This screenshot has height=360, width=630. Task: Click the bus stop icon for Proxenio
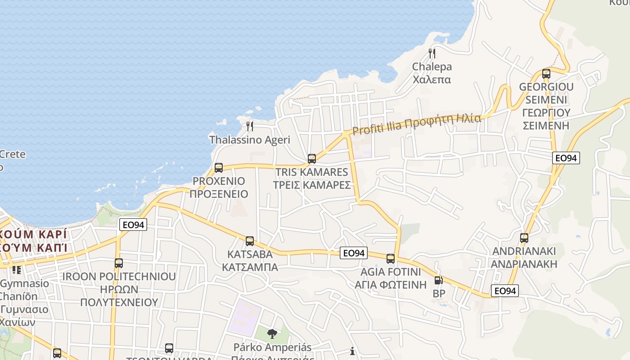pyautogui.click(x=219, y=168)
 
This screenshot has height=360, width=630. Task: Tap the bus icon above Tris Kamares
pyautogui.click(x=312, y=158)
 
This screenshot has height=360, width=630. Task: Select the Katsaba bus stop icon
pyautogui.click(x=250, y=241)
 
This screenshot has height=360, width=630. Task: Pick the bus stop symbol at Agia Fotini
pyautogui.click(x=391, y=259)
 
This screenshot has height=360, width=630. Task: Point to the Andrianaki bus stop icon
pyautogui.click(x=524, y=238)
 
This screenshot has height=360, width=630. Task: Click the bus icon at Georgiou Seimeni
pyautogui.click(x=546, y=74)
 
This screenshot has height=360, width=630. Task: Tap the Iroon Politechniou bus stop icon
pyautogui.click(x=119, y=263)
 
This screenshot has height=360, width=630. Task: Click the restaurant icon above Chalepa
pyautogui.click(x=432, y=54)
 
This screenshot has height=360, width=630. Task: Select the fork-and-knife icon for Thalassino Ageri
pyautogui.click(x=250, y=126)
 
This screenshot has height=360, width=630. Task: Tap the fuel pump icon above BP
pyautogui.click(x=438, y=280)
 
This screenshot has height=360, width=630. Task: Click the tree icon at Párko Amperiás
pyautogui.click(x=272, y=334)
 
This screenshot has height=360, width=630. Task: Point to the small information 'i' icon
pyautogui.click(x=352, y=351)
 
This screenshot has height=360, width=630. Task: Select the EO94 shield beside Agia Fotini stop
pyautogui.click(x=354, y=253)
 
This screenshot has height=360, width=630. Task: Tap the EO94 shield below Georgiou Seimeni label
pyautogui.click(x=566, y=158)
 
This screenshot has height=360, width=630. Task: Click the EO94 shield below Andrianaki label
pyautogui.click(x=504, y=291)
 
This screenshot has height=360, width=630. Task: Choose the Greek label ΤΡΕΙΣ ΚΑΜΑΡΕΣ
pyautogui.click(x=312, y=185)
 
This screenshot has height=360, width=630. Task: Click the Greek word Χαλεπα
pyautogui.click(x=432, y=80)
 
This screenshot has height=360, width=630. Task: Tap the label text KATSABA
pyautogui.click(x=250, y=254)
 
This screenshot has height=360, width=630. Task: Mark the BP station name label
pyautogui.click(x=439, y=293)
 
